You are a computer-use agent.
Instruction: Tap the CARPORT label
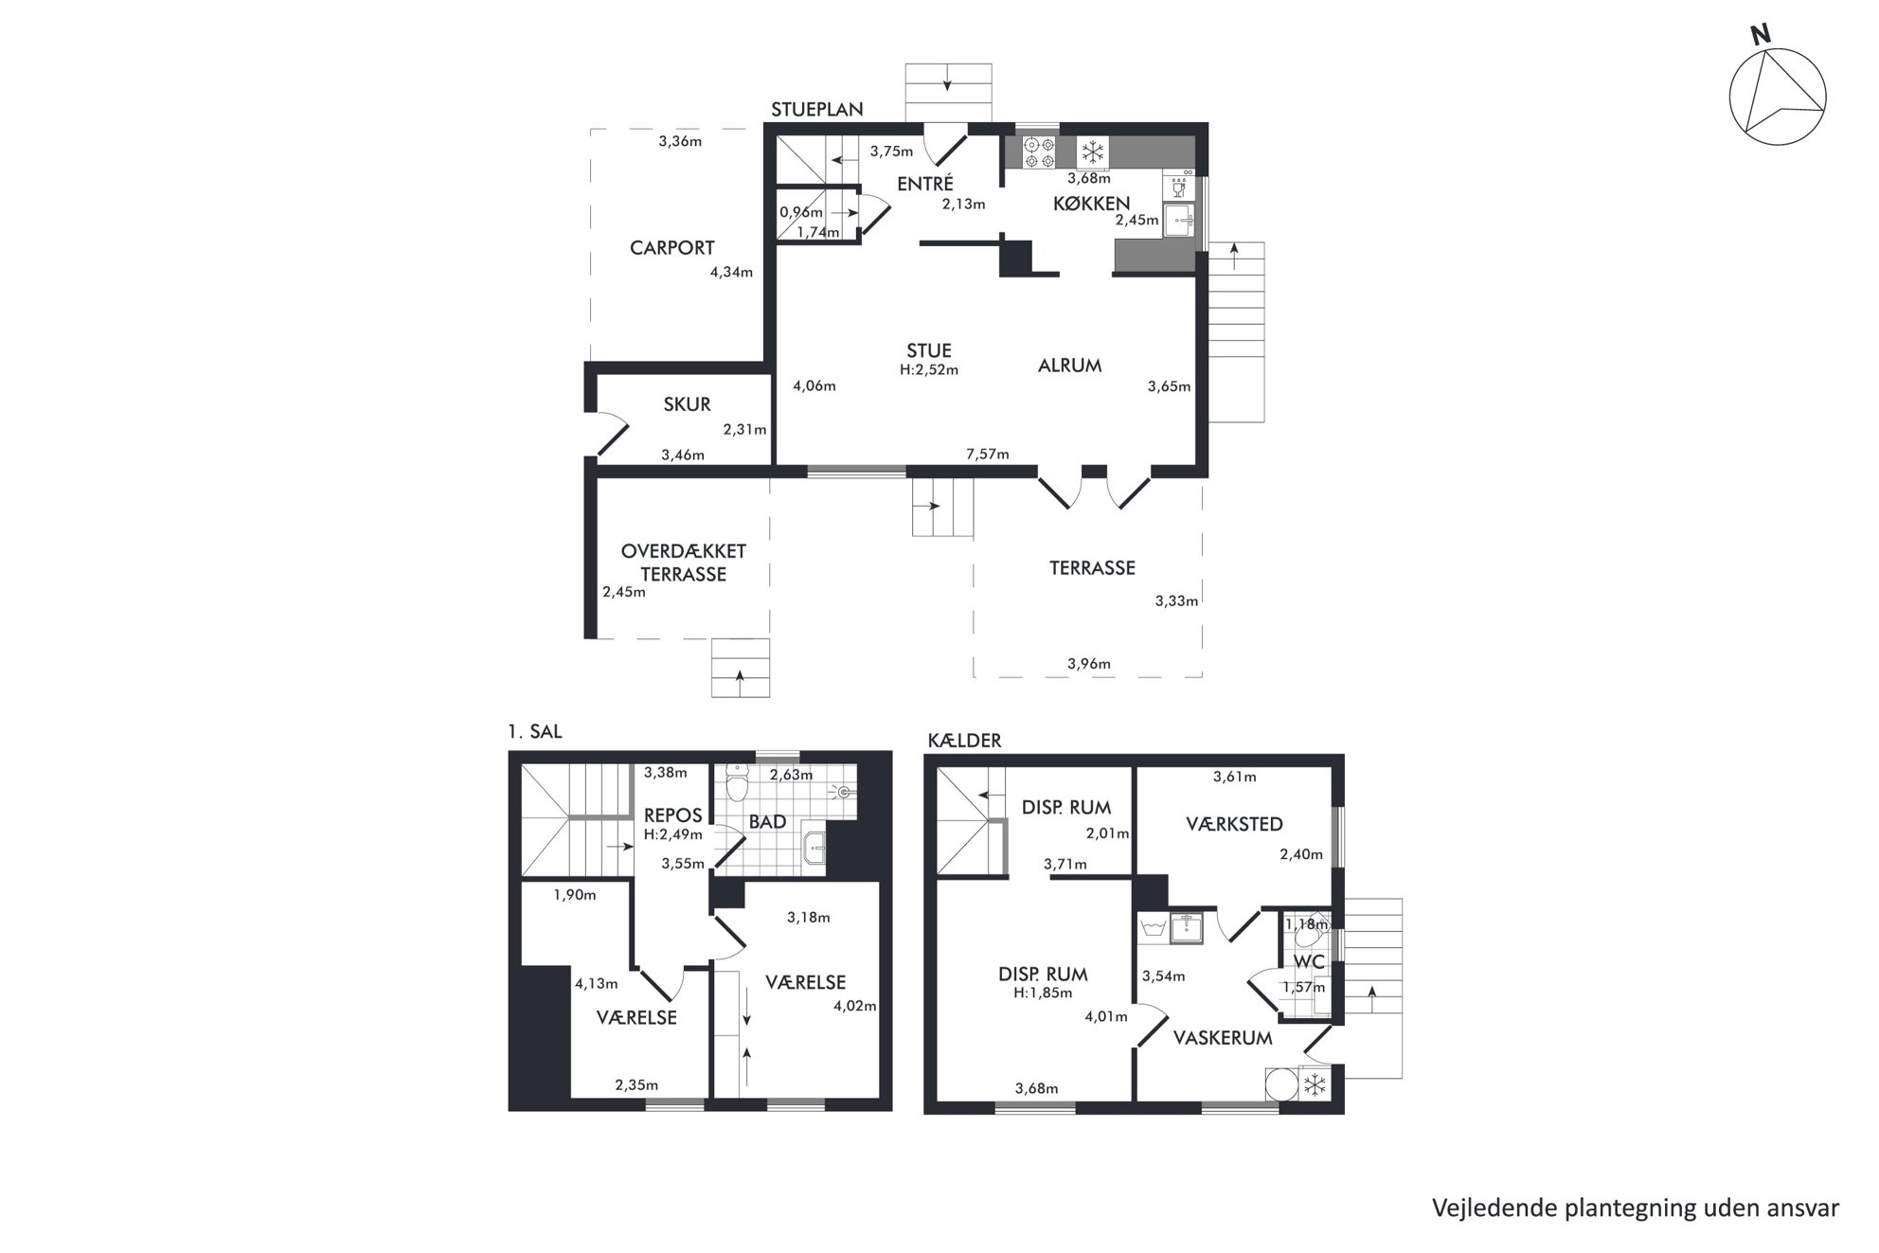click(x=671, y=248)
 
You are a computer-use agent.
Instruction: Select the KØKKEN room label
click(x=1092, y=204)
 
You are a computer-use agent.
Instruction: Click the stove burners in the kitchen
click(x=1040, y=152)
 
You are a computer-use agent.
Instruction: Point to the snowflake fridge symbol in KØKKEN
click(x=1094, y=152)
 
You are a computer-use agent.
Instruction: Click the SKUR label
click(x=687, y=404)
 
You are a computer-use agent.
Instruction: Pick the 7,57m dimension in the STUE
click(x=987, y=455)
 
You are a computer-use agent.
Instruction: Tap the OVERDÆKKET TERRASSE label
click(x=683, y=563)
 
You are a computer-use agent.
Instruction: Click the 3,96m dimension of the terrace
click(x=1088, y=664)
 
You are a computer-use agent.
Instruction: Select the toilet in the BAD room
click(x=737, y=785)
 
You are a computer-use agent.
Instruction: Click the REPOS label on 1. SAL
click(x=672, y=815)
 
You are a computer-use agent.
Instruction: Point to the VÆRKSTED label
click(x=1234, y=824)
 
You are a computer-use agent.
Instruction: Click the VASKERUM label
click(x=1223, y=1038)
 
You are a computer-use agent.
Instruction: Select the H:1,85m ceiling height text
click(x=1042, y=993)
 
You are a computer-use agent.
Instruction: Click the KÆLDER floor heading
click(x=964, y=741)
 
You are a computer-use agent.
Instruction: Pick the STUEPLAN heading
click(x=816, y=110)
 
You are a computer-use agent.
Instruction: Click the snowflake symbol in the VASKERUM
click(x=1315, y=1085)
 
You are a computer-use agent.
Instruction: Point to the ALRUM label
click(x=1069, y=366)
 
